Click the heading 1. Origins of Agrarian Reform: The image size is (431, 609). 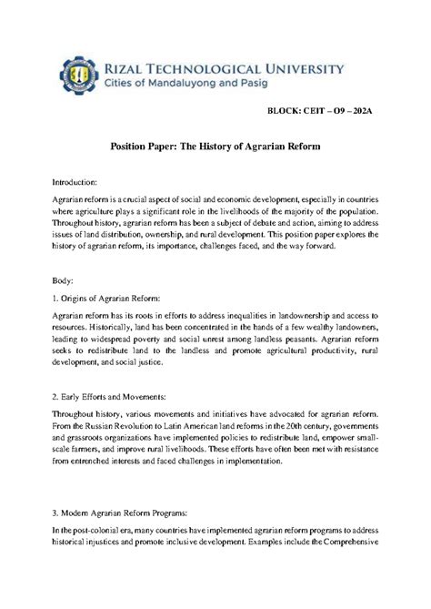tap(107, 297)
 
